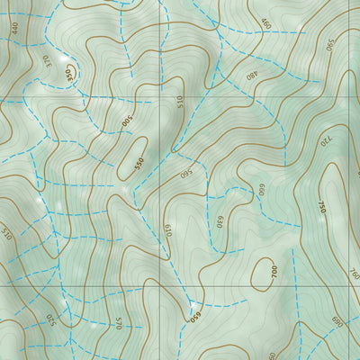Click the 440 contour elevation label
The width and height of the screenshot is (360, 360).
point(15,27)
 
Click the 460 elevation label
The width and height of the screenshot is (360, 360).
point(265,23)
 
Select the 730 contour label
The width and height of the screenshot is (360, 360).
point(325,142)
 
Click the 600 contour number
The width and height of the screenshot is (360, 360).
point(262,190)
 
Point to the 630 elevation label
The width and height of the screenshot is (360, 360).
point(219,221)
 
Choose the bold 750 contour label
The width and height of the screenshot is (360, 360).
point(321,206)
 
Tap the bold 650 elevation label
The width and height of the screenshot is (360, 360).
point(194,314)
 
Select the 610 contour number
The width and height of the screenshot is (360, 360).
point(168,230)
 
